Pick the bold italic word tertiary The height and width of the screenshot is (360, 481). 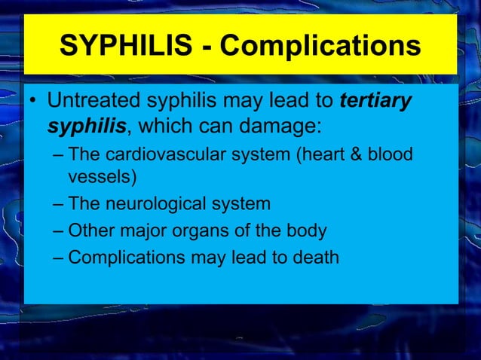tap(375, 101)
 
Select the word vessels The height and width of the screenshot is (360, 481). tap(97, 178)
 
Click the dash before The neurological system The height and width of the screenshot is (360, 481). tap(59, 205)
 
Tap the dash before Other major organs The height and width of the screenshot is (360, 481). tap(59, 231)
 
